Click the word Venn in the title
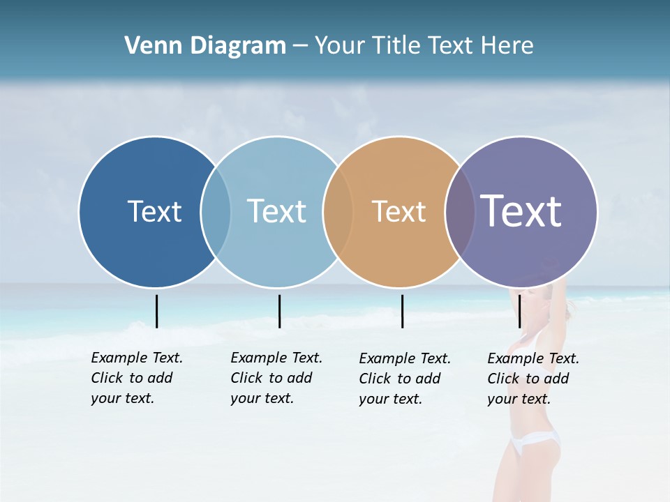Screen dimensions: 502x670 pos(147,46)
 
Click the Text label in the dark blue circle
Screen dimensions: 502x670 pos(154,211)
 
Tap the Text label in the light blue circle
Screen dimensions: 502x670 pos(276,211)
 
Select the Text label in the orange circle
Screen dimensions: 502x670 pos(399,211)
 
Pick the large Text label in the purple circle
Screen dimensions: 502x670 pos(521,211)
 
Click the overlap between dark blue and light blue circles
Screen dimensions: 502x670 pos(216,211)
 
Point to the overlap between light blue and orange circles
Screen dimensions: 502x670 pos(338,211)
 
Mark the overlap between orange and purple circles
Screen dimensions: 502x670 pos(460,211)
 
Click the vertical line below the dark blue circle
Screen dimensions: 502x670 pos(156,311)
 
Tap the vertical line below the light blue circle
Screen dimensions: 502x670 pos(279,311)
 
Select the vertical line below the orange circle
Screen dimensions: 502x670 pos(402,311)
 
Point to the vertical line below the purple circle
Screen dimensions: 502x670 pos(520,311)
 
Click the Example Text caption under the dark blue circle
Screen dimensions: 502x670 pos(137,378)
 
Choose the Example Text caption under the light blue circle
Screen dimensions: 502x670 pos(276,378)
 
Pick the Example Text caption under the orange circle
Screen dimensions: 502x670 pos(405,379)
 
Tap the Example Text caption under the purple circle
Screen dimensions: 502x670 pos(533,379)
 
